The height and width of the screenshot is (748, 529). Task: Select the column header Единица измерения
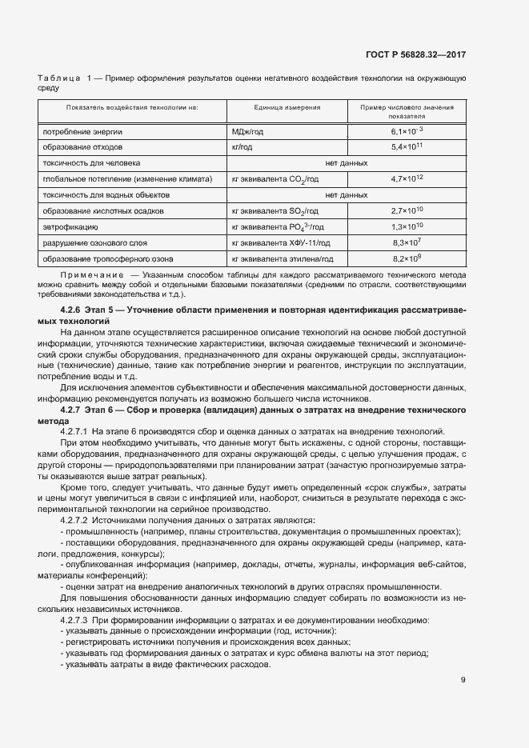[x=287, y=107]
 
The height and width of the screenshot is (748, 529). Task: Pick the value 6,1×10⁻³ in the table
[x=407, y=130]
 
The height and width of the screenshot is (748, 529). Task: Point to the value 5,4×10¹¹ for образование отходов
[x=407, y=147]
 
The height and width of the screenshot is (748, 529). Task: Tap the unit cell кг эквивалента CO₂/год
[x=275, y=180]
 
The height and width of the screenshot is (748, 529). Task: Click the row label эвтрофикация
[x=70, y=227]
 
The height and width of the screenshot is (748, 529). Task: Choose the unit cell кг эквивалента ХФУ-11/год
[x=275, y=243]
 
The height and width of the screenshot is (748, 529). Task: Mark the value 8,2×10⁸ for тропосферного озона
[x=407, y=258]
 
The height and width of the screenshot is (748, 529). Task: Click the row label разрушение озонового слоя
[x=99, y=243]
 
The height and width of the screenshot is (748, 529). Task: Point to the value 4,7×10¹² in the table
[x=407, y=179]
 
